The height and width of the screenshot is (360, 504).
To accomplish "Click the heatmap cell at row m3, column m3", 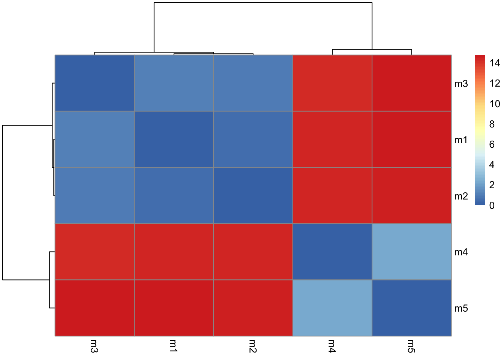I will point(94,83).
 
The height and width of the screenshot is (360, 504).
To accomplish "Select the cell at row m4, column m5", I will point(411,252).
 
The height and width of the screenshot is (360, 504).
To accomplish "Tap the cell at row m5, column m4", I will point(332,308).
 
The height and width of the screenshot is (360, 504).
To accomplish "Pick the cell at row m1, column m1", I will point(174,139).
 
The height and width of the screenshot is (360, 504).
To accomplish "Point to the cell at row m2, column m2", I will point(253,195).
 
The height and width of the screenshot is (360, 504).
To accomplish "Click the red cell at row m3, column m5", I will point(411,83).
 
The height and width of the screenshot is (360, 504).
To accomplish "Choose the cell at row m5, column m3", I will point(94,308).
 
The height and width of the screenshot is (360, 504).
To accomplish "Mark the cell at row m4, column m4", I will point(332,252).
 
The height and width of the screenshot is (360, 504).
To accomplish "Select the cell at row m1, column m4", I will point(332,139).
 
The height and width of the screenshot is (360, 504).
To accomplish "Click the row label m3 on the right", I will point(461,84).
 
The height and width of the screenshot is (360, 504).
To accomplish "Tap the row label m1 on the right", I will point(461,140).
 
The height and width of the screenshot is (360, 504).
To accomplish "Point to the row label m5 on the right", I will point(461,309).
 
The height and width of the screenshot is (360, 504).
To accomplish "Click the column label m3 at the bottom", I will point(94,346).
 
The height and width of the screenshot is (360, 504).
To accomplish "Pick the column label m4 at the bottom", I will point(332,346).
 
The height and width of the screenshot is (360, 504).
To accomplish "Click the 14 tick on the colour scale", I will point(495,63).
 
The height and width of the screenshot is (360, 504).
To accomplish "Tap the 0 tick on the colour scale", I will point(492,205).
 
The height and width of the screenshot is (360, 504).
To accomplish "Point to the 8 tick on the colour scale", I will point(492,124).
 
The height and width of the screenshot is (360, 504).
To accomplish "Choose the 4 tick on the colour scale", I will point(492,165).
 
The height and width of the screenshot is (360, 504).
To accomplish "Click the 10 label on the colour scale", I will point(495,104).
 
